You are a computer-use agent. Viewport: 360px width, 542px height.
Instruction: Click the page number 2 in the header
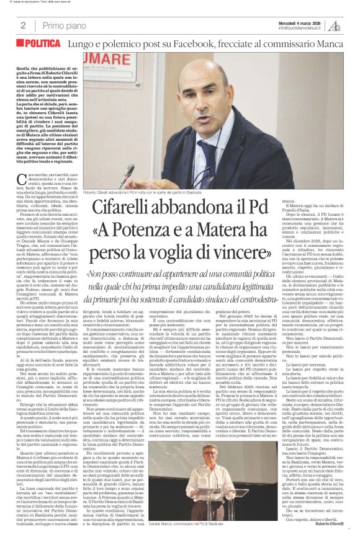(23, 25)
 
